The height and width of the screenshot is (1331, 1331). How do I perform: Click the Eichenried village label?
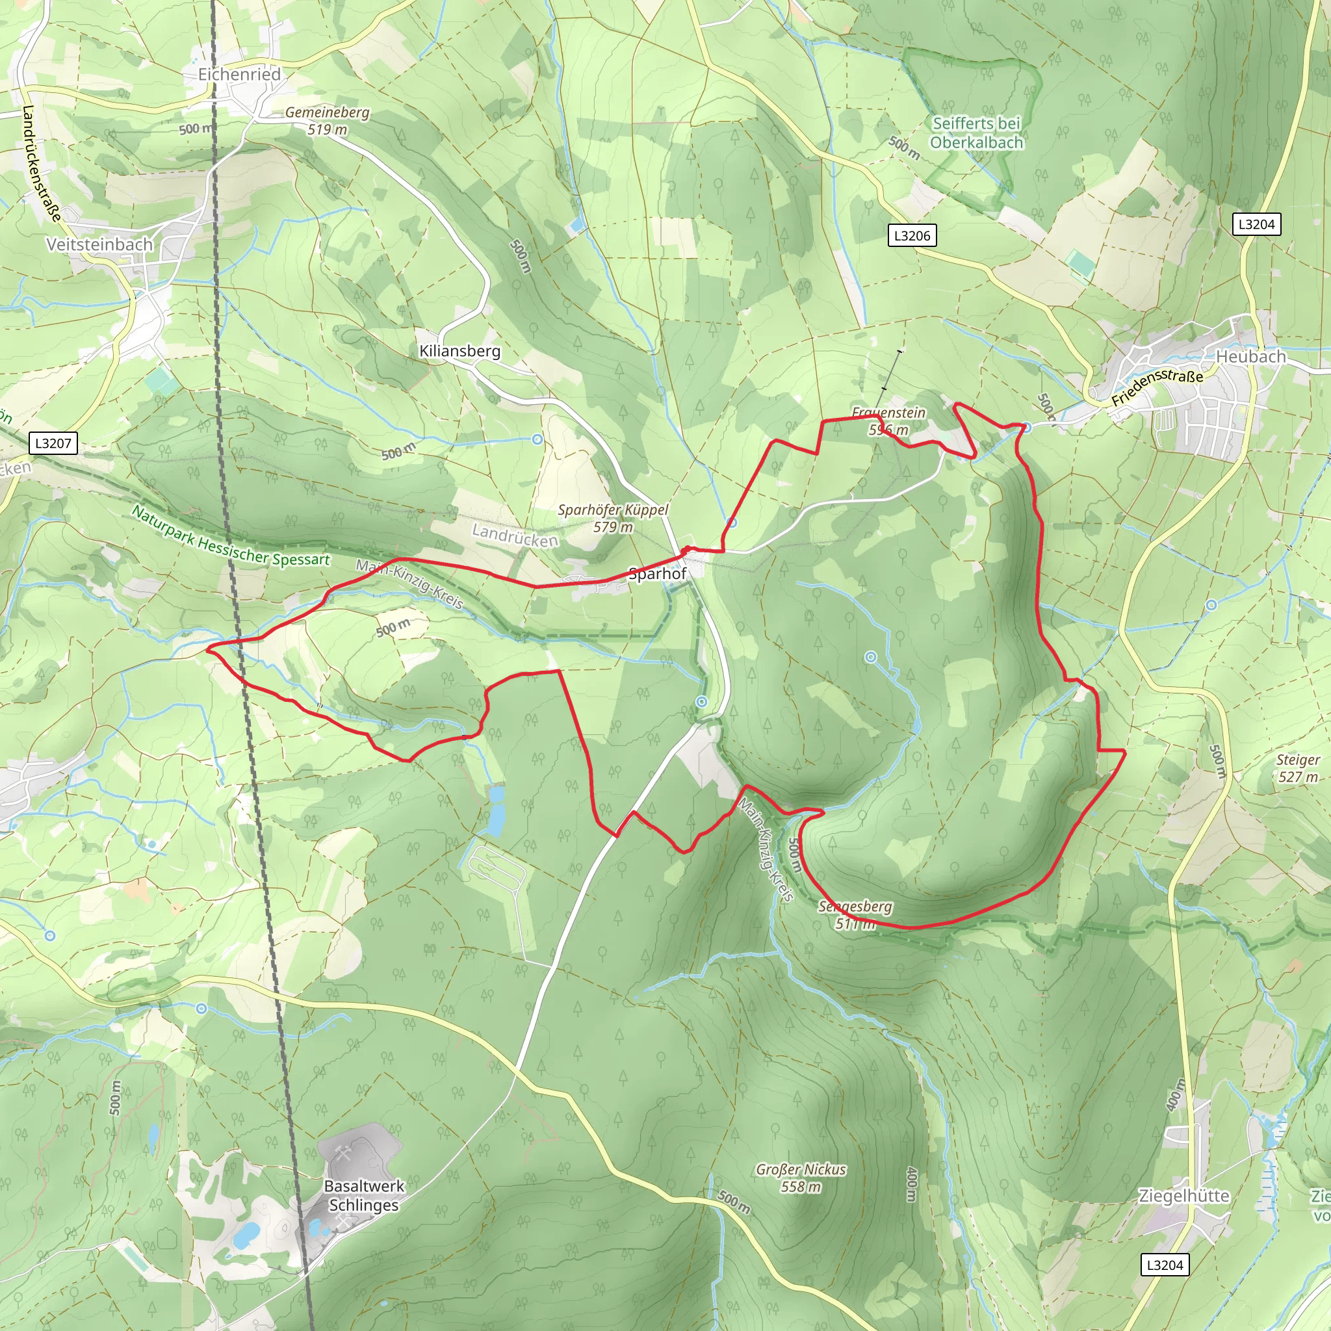pyautogui.click(x=239, y=74)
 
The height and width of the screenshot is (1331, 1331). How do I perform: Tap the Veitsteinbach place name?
pyautogui.click(x=99, y=244)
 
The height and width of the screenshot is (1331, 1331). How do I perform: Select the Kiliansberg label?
pyautogui.click(x=459, y=351)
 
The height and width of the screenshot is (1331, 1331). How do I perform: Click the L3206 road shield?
pyautogui.click(x=911, y=236)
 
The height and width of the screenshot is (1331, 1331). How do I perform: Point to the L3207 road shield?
pyautogui.click(x=53, y=443)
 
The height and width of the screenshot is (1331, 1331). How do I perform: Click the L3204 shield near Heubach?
pyautogui.click(x=1256, y=225)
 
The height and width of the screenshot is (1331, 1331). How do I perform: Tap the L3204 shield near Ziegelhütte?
pyautogui.click(x=1164, y=1265)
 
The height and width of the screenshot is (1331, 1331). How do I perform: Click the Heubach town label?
pyautogui.click(x=1250, y=357)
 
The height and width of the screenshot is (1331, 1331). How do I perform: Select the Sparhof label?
pyautogui.click(x=657, y=574)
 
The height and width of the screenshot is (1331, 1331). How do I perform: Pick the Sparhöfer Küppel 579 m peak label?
pyautogui.click(x=612, y=518)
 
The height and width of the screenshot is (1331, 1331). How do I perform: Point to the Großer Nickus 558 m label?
pyautogui.click(x=801, y=1178)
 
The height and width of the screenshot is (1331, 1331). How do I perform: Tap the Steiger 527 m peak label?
pyautogui.click(x=1298, y=768)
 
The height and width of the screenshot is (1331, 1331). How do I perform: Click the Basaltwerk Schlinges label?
pyautogui.click(x=364, y=1195)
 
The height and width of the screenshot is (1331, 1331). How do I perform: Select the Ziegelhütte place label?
pyautogui.click(x=1183, y=1196)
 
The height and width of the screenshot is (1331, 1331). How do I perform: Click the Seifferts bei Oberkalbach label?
pyautogui.click(x=976, y=133)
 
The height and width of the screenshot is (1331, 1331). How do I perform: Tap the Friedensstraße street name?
pyautogui.click(x=1157, y=387)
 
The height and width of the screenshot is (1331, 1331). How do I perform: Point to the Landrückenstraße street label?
pyautogui.click(x=41, y=163)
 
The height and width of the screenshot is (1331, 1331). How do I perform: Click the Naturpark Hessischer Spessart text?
pyautogui.click(x=231, y=537)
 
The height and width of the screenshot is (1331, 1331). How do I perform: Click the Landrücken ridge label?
pyautogui.click(x=515, y=536)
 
